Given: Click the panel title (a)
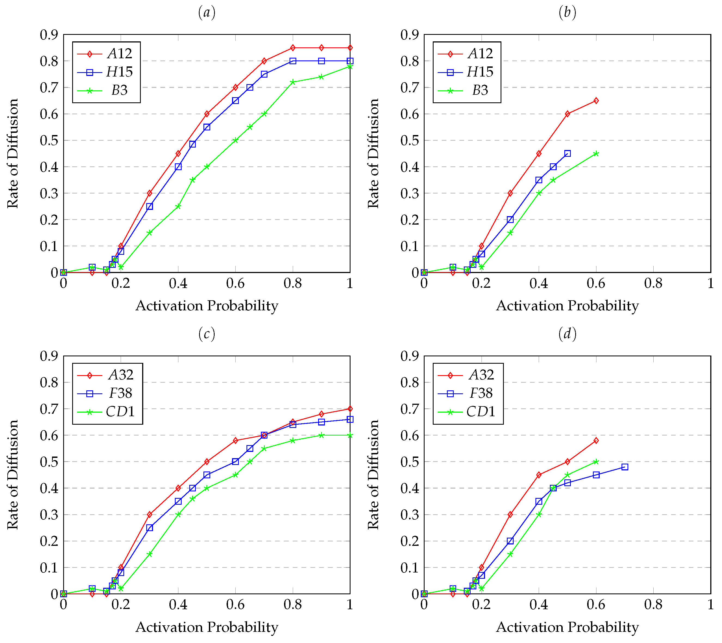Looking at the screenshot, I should [207, 13].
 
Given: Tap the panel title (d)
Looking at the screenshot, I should [567, 334].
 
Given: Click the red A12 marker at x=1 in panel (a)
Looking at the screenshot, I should [350, 48].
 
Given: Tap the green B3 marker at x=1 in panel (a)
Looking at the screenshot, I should [350, 66].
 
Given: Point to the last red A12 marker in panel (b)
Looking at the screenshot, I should [596, 101].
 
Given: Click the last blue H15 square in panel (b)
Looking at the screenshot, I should [568, 153].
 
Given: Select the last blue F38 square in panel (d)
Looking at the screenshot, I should [625, 467].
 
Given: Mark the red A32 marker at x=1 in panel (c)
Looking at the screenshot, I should [350, 409].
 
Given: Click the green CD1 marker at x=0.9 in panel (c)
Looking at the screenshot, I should [321, 435].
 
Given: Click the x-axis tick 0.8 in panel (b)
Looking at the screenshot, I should [653, 284].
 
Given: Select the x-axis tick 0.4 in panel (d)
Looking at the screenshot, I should [539, 605].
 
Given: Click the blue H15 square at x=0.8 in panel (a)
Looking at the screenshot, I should [293, 61].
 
